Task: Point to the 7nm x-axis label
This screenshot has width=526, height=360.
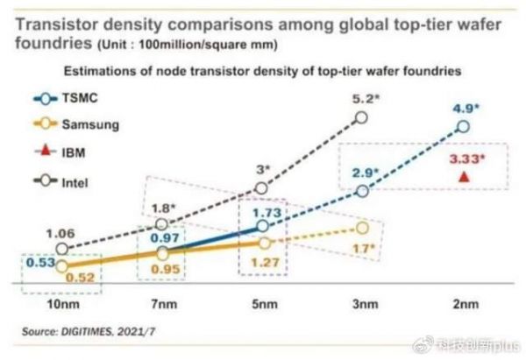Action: pos(161,307)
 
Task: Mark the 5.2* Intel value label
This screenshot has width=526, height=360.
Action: pos(365,100)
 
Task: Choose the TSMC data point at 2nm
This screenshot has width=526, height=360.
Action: pos(464,127)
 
